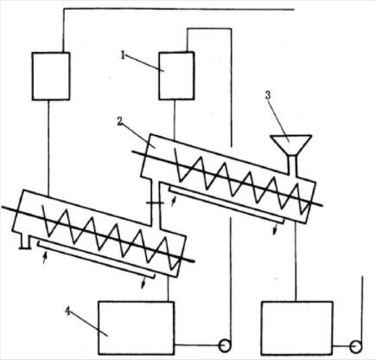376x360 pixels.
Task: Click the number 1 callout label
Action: point(123,55)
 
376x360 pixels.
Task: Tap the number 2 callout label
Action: point(120,121)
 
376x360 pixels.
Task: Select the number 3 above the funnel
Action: point(268,95)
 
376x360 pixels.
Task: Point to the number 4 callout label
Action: point(68,312)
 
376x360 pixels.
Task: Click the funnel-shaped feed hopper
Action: point(291,145)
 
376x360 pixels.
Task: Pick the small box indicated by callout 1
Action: point(176,76)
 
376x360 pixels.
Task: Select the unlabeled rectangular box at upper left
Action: point(51,76)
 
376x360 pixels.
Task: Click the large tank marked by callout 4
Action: point(136,328)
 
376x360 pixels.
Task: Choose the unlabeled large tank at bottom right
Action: point(296,328)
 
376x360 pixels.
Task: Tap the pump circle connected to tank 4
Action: point(225,345)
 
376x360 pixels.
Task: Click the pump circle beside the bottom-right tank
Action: point(356,346)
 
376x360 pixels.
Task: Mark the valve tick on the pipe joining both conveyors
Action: point(155,203)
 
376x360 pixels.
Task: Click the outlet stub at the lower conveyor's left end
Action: point(24,242)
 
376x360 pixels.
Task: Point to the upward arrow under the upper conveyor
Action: point(173,201)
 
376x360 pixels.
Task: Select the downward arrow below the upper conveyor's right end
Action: point(276,230)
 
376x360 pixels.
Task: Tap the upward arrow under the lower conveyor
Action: point(44,258)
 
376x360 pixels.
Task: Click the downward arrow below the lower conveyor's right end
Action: point(143,283)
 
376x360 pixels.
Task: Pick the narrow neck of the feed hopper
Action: point(293,165)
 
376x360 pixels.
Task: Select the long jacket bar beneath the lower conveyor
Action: point(96,260)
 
